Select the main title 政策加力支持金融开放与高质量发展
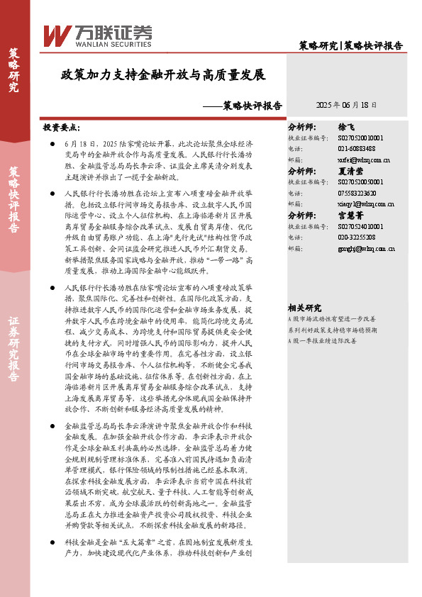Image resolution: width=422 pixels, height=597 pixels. coord(162,75)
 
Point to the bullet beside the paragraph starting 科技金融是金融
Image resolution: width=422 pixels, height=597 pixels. coord(54,542)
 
